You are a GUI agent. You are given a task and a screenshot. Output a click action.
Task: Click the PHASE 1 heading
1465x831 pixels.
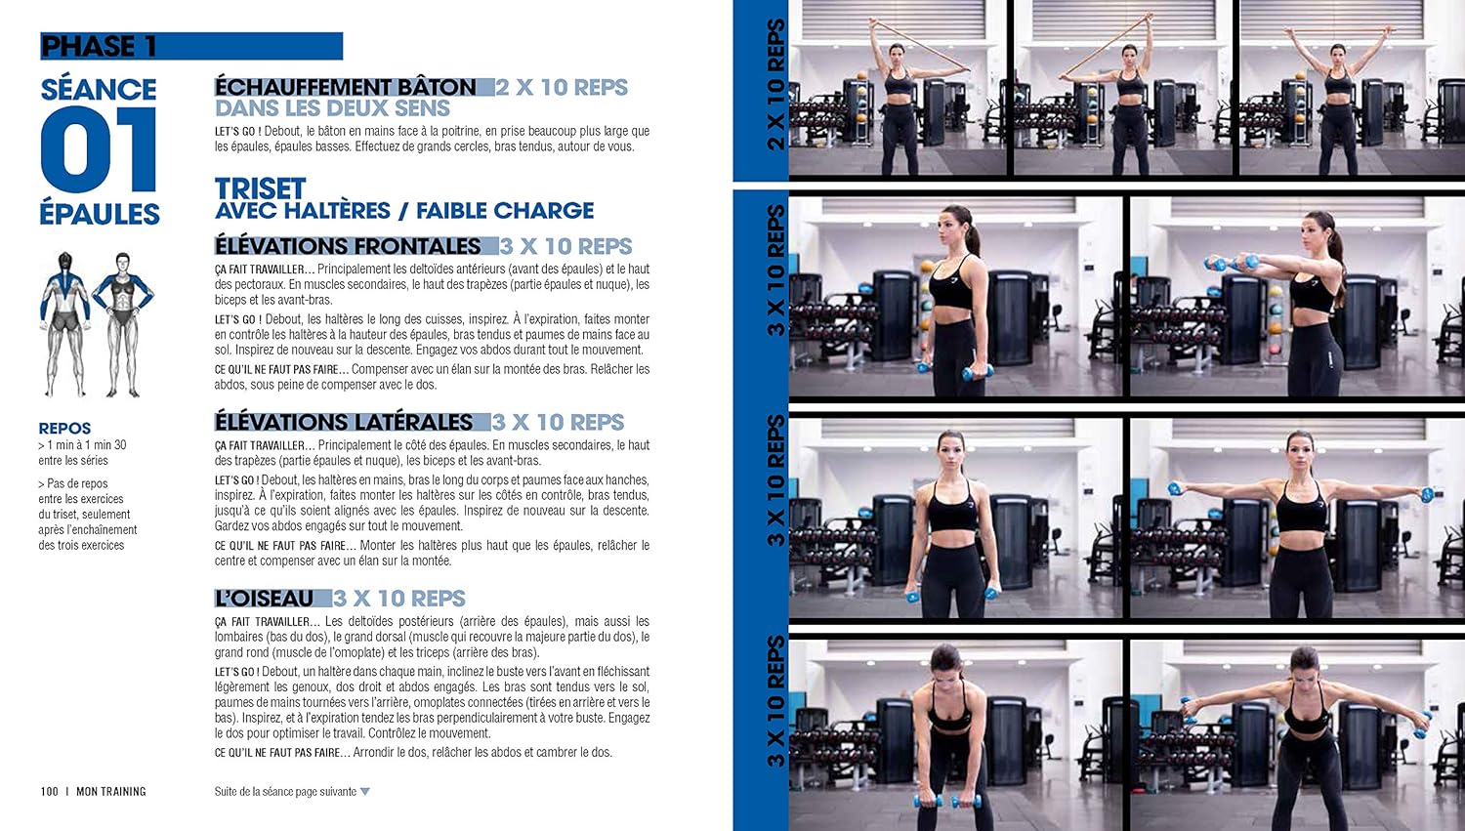point(99,47)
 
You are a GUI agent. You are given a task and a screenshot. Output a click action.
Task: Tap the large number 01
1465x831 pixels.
point(99,149)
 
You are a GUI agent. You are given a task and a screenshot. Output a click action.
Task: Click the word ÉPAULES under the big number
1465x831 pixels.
point(100,214)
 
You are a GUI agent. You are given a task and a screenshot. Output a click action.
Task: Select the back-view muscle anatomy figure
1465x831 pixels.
point(64,324)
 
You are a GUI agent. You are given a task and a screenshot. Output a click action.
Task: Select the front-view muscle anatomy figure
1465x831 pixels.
point(123,324)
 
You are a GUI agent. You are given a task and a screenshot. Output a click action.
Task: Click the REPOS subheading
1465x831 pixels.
point(64,429)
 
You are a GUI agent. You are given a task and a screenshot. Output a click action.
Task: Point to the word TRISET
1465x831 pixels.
point(261,188)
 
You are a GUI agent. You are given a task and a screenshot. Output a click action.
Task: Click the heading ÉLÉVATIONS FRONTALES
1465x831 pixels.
point(348,246)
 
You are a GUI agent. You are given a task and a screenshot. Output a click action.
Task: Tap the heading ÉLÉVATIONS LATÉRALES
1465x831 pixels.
point(344,422)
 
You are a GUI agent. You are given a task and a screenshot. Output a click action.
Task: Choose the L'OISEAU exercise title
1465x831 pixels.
point(265,599)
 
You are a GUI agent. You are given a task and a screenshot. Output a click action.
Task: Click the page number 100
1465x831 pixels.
point(49,791)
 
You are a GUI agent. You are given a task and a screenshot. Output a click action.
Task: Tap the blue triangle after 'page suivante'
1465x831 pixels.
point(365,792)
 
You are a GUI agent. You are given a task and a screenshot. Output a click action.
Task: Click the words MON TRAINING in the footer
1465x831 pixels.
point(111,791)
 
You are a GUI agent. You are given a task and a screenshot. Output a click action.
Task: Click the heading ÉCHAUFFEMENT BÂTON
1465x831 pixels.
point(346,87)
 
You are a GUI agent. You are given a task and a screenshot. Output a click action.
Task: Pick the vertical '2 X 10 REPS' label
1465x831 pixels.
point(775,85)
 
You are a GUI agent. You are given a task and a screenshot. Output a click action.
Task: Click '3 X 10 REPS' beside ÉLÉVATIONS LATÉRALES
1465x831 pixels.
point(558,422)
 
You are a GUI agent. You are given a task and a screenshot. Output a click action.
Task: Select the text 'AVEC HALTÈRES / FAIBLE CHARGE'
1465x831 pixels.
point(404,211)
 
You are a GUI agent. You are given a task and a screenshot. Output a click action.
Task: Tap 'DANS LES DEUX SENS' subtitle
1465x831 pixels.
point(332,107)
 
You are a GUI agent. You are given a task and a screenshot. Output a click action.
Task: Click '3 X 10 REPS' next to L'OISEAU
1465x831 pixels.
point(398,599)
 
